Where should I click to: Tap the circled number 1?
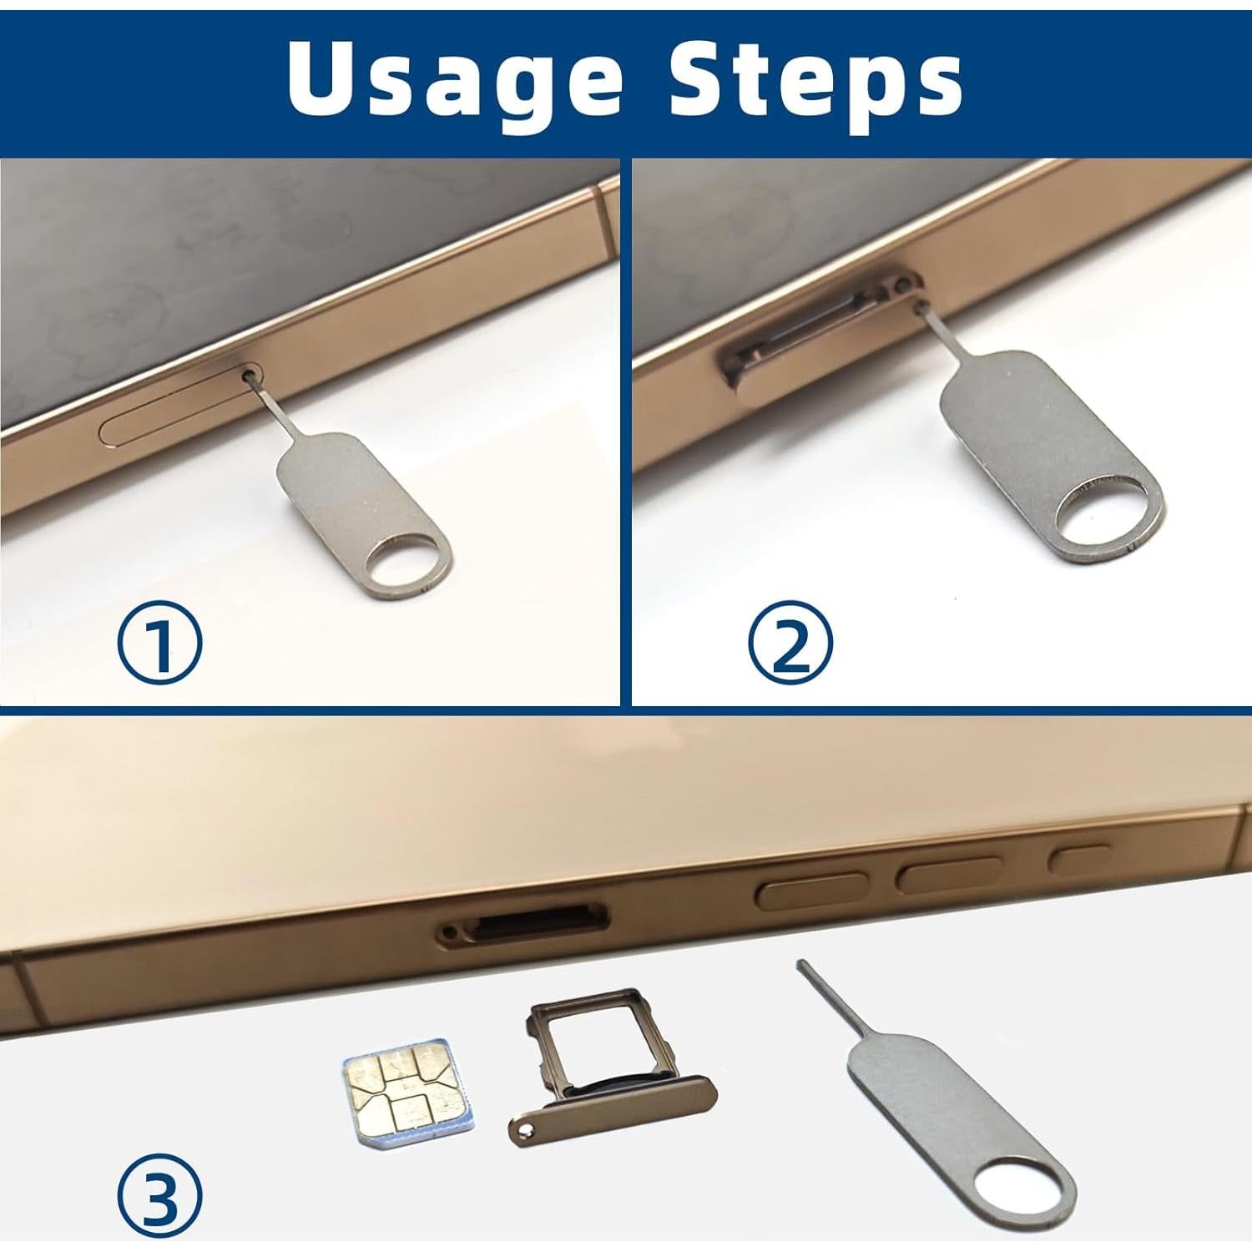[x=159, y=644]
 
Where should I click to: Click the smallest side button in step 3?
[x=1080, y=858]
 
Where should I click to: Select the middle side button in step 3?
[x=950, y=874]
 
